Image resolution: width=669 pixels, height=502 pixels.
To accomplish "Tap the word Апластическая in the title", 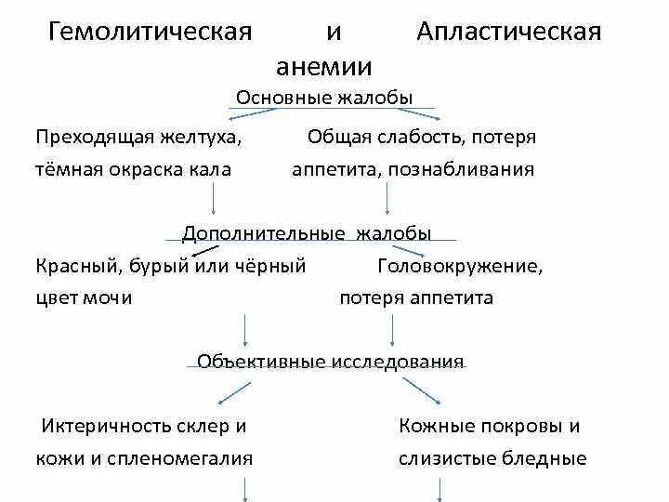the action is [508, 33].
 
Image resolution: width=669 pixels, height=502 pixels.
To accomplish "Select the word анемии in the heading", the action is [324, 67].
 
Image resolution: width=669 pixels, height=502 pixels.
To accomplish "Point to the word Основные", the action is [275, 98].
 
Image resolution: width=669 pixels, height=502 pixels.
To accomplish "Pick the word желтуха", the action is [202, 138].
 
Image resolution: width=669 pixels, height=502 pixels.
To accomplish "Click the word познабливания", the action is [474, 170].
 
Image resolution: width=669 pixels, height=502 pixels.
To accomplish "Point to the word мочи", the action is [111, 298].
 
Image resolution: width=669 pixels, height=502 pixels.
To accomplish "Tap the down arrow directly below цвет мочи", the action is [245, 328].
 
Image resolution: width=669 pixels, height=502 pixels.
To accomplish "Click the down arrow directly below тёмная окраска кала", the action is [216, 198].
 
